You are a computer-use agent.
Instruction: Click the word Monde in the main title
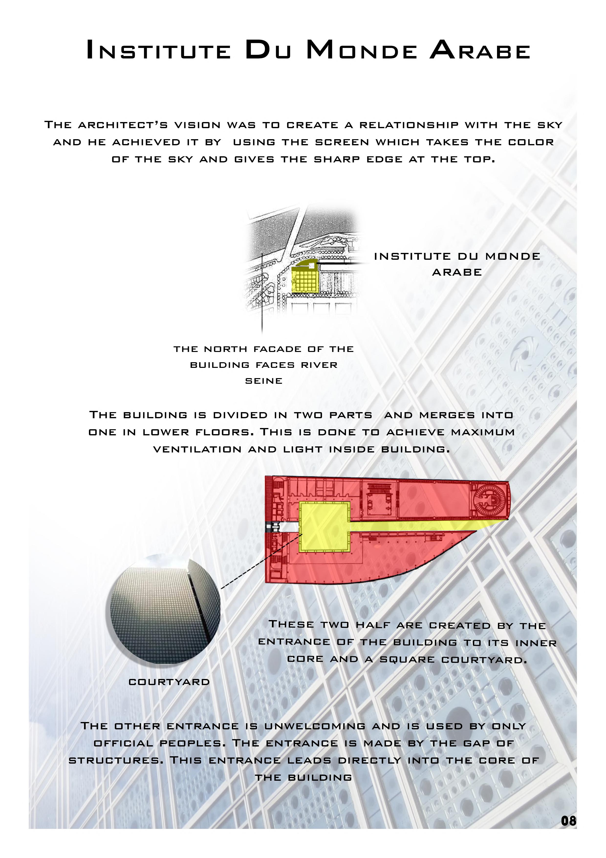[x=361, y=50]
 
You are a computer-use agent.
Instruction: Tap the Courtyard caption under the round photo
[x=169, y=682]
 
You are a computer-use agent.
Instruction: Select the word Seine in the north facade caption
[x=264, y=381]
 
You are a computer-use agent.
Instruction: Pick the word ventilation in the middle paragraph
[x=197, y=449]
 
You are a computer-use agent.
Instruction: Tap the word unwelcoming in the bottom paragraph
[x=314, y=726]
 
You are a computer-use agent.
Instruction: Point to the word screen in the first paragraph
[x=342, y=142]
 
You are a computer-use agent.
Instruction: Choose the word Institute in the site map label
[x=412, y=256]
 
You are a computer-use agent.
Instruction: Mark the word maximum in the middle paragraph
[x=483, y=432]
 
